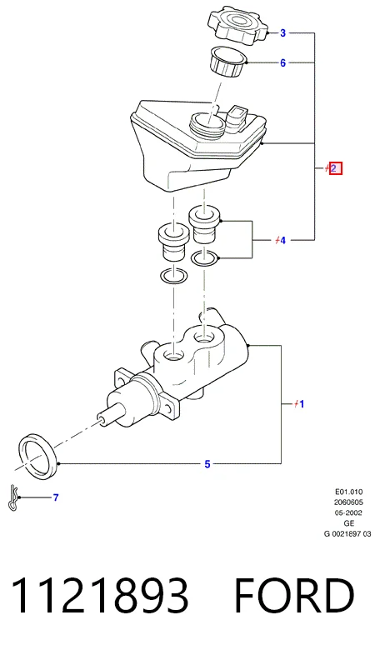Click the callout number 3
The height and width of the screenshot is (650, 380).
pyautogui.click(x=283, y=32)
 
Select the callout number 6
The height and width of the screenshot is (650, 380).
pyautogui.click(x=283, y=63)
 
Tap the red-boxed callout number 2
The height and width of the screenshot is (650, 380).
pyautogui.click(x=335, y=168)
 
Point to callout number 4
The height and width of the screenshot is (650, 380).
pyautogui.click(x=283, y=240)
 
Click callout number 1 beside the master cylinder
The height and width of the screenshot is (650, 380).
pyautogui.click(x=302, y=403)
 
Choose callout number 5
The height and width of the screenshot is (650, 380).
pyautogui.click(x=207, y=464)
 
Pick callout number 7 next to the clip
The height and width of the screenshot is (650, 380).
pyautogui.click(x=56, y=497)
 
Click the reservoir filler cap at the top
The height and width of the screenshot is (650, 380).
pyautogui.click(x=237, y=25)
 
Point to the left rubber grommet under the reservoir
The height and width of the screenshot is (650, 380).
pyautogui.click(x=174, y=242)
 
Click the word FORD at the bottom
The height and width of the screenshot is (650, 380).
pyautogui.click(x=294, y=595)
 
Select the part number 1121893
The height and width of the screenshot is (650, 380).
pyautogui.click(x=100, y=595)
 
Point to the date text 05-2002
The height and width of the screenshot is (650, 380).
pyautogui.click(x=348, y=512)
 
